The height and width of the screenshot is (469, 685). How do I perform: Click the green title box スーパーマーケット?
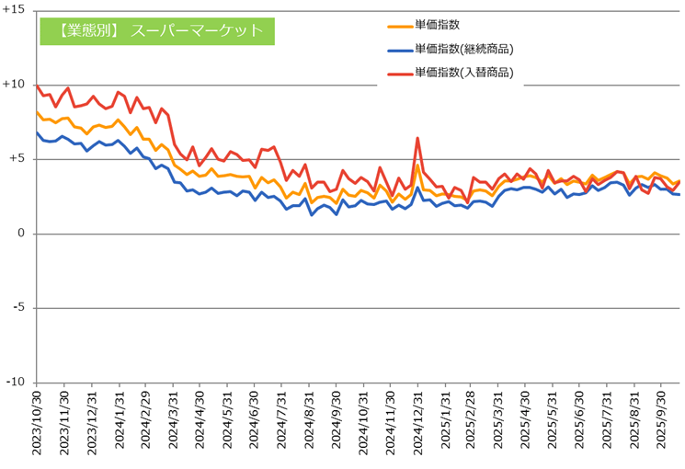click(157, 30)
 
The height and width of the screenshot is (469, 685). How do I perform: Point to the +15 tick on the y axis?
click(16, 9)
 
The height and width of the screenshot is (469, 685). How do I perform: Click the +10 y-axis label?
click(16, 84)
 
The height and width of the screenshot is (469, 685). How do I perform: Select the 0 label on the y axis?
click(23, 234)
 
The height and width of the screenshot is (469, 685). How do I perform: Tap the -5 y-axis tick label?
click(20, 308)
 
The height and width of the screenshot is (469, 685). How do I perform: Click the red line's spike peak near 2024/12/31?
click(417, 138)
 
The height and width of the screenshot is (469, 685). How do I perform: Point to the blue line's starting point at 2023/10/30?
click(37, 132)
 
